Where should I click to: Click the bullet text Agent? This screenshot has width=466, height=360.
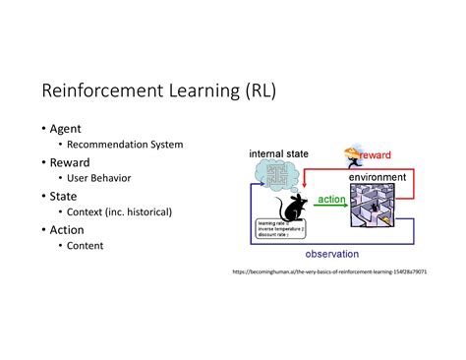click(66, 128)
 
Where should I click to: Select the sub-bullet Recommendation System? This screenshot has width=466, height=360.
click(125, 145)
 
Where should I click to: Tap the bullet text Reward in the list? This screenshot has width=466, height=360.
click(71, 161)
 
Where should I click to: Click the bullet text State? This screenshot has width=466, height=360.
click(64, 195)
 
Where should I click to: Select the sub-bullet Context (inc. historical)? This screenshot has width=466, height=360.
click(119, 211)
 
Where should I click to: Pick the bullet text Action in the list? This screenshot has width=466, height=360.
click(68, 229)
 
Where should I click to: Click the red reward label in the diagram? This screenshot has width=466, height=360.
click(376, 155)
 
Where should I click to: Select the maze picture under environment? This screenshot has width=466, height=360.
click(375, 209)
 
